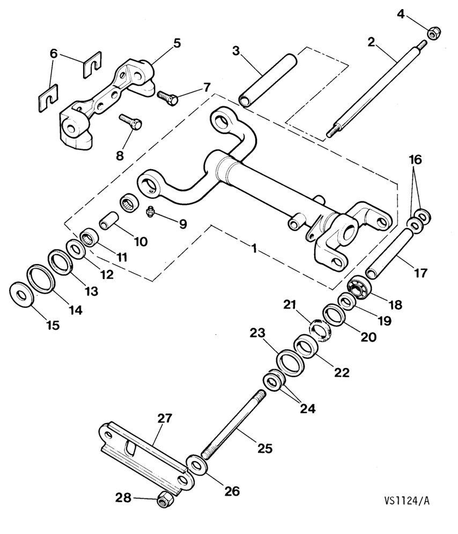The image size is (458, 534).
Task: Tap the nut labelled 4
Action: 432,34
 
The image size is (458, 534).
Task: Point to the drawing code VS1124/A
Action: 407,501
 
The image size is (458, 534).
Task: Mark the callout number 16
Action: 416,160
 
